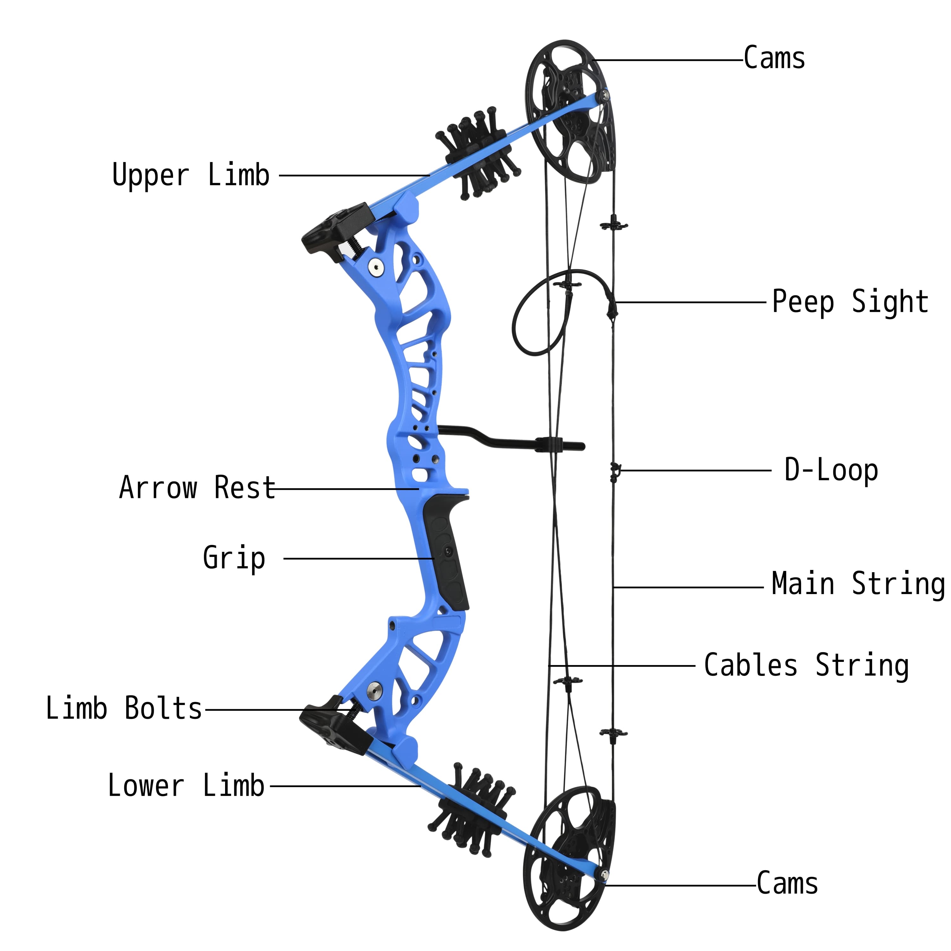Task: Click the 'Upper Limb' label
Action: (x=191, y=175)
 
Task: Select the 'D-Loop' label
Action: (x=831, y=470)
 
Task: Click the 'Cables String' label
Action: (x=806, y=665)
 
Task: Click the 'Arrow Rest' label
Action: (x=197, y=488)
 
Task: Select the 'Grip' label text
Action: (x=234, y=558)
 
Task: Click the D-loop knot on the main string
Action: (x=614, y=471)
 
